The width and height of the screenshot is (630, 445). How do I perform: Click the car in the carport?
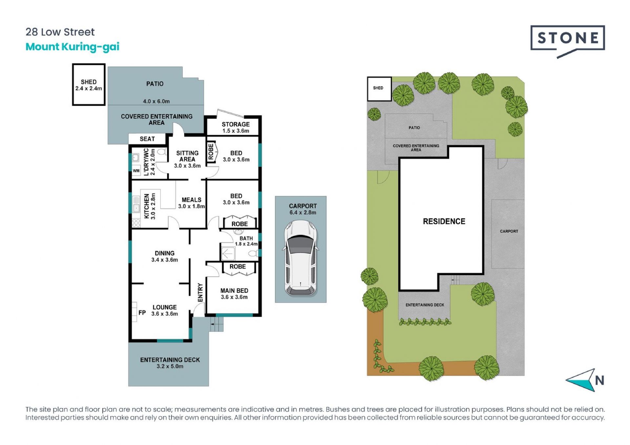(x=300, y=258)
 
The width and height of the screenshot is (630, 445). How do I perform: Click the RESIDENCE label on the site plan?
(x=444, y=221)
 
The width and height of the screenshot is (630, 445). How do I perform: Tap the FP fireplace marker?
(x=142, y=313)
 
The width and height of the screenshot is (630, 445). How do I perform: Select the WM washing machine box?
(x=136, y=171)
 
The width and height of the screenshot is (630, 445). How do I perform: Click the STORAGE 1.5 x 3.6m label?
(x=236, y=127)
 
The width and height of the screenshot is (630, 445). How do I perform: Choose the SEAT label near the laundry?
(x=147, y=139)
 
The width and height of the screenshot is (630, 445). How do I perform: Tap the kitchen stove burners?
(x=136, y=223)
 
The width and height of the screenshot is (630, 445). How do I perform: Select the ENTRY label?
(x=200, y=293)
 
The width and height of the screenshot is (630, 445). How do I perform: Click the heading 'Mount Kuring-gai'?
(x=73, y=47)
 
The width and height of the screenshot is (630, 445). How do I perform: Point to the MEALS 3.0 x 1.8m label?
(x=192, y=203)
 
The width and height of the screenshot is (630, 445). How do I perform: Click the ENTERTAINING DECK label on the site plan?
(x=425, y=305)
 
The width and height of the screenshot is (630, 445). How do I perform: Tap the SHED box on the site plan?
(x=379, y=89)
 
